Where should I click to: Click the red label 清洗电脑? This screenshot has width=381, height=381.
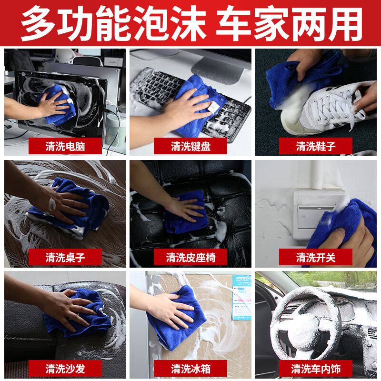point(65,146)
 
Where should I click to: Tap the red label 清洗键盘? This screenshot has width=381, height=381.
point(190,146)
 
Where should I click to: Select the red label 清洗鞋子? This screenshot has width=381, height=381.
point(315,146)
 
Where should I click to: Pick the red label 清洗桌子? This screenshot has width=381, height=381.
point(65,257)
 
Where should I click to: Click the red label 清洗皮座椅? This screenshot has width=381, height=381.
point(190,257)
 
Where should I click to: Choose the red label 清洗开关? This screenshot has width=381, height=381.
point(315,257)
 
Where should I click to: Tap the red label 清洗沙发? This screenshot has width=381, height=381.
point(65,368)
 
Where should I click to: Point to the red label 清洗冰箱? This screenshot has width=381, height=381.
point(190,368)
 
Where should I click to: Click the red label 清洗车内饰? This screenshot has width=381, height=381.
point(315,368)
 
